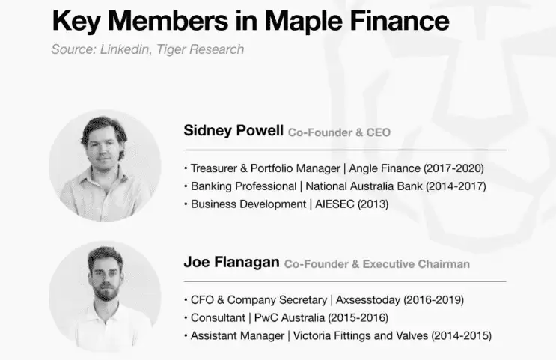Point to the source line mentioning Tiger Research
(147, 49)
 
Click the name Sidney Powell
(233, 131)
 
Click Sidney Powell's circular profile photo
(105, 165)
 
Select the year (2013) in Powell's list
(373, 204)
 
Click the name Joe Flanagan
(231, 263)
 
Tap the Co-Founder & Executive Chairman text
(377, 263)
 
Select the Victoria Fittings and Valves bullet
(341, 335)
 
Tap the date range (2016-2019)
(433, 299)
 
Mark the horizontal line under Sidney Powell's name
(344, 150)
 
